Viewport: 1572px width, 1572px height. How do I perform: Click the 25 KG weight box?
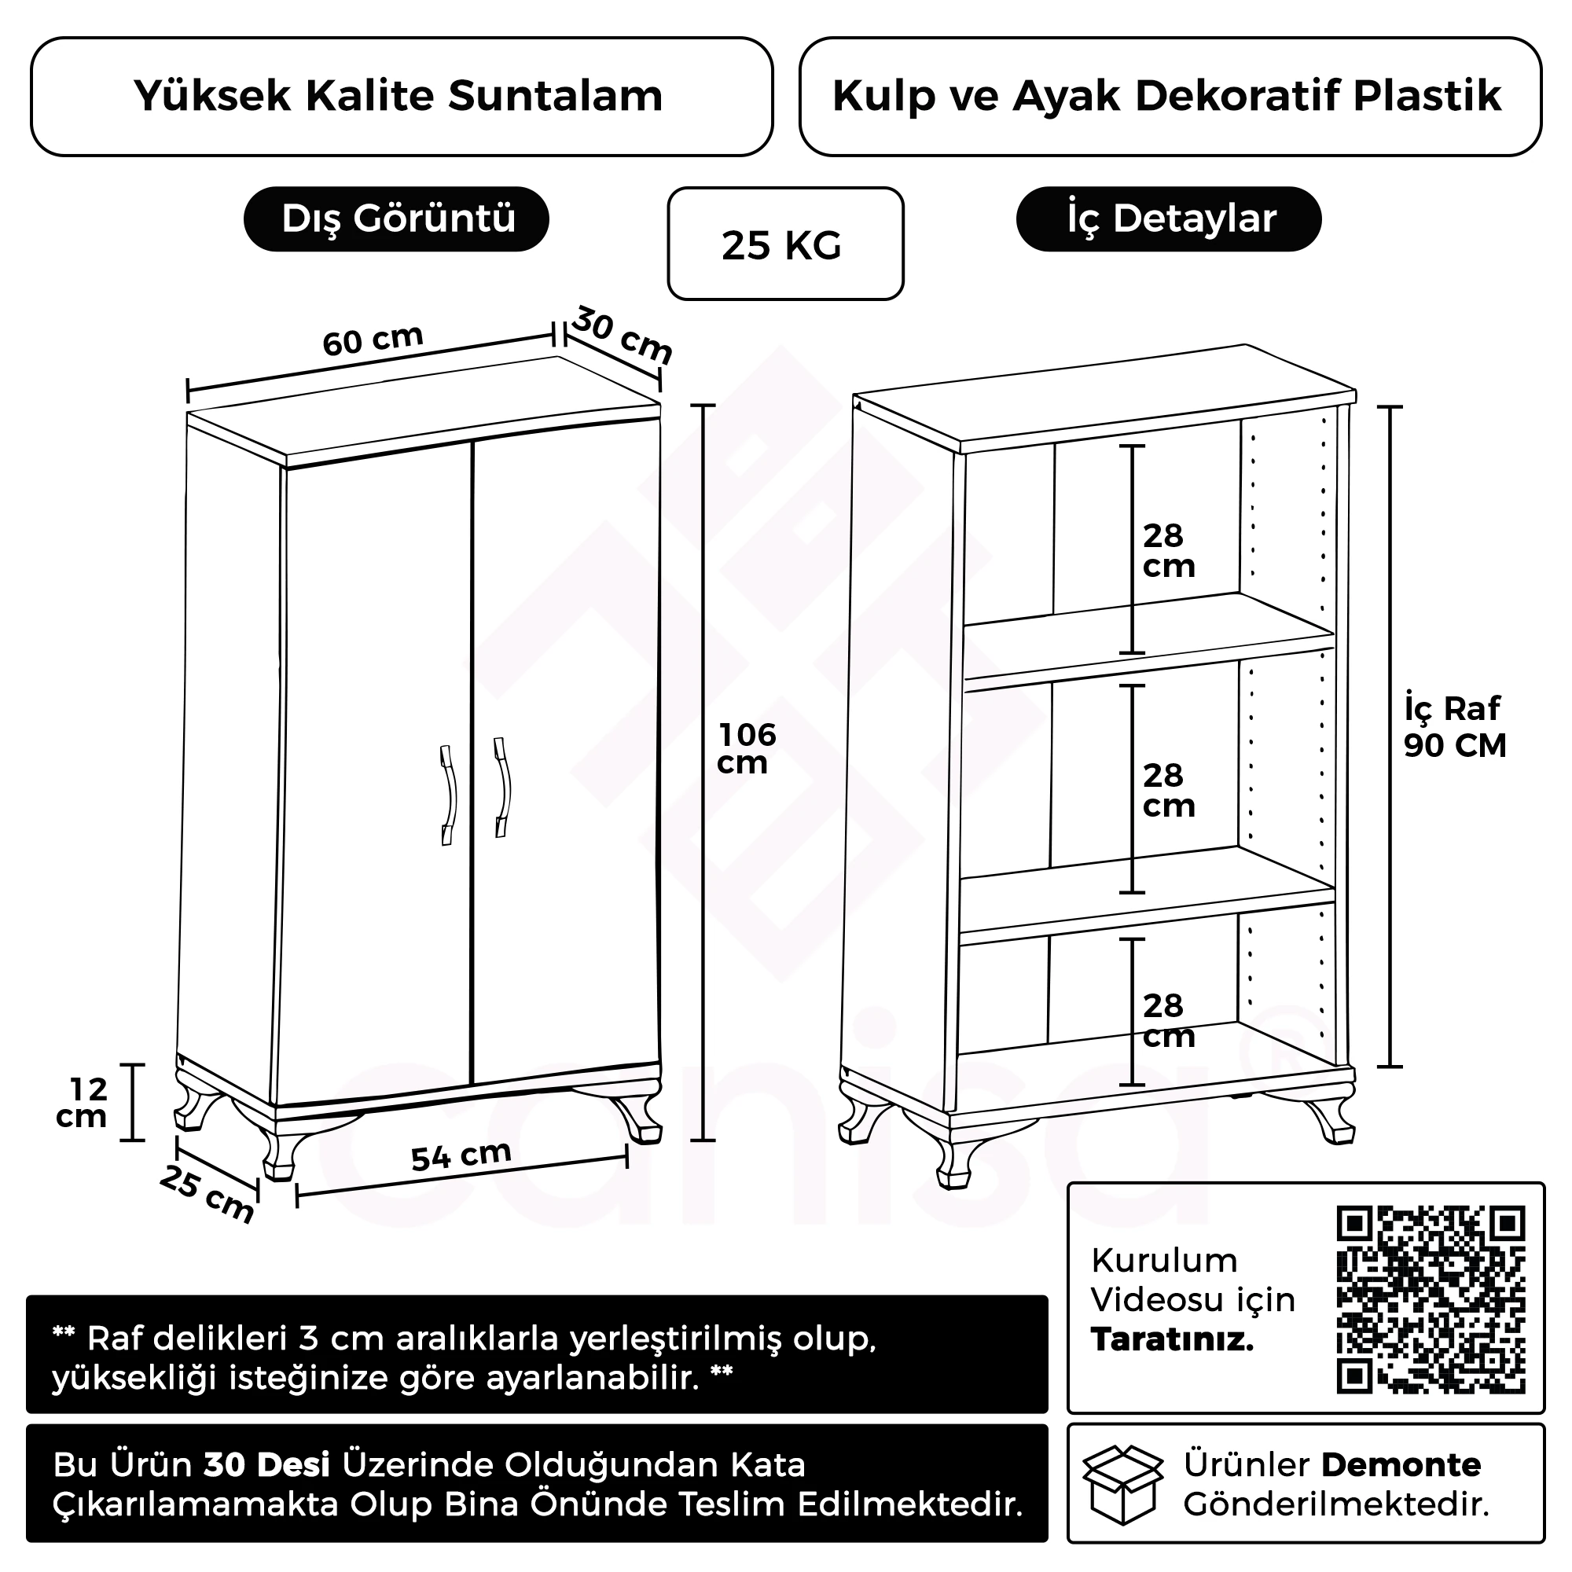pos(784,244)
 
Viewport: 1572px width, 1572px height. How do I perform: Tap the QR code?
pos(1430,1299)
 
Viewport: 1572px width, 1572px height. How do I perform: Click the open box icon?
pos(1123,1484)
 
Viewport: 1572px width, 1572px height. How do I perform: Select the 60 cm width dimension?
pos(373,340)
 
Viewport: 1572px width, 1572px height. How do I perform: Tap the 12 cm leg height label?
pos(83,1103)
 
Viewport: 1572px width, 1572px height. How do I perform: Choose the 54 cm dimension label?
pos(461,1155)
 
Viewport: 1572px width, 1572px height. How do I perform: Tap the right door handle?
pos(503,787)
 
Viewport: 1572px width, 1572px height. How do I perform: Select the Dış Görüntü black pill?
pos(396,219)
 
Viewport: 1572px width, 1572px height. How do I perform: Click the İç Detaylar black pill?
pos(1169,219)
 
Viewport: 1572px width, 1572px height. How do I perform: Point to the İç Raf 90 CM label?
pos(1454,726)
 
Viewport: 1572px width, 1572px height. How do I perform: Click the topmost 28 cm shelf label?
pos(1168,551)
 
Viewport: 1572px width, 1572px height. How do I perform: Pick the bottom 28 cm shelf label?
pos(1168,1021)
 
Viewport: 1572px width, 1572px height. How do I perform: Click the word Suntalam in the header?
pos(555,96)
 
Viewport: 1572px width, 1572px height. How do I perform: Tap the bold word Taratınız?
pos(1172,1339)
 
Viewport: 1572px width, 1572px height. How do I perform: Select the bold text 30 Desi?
pos(266,1464)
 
